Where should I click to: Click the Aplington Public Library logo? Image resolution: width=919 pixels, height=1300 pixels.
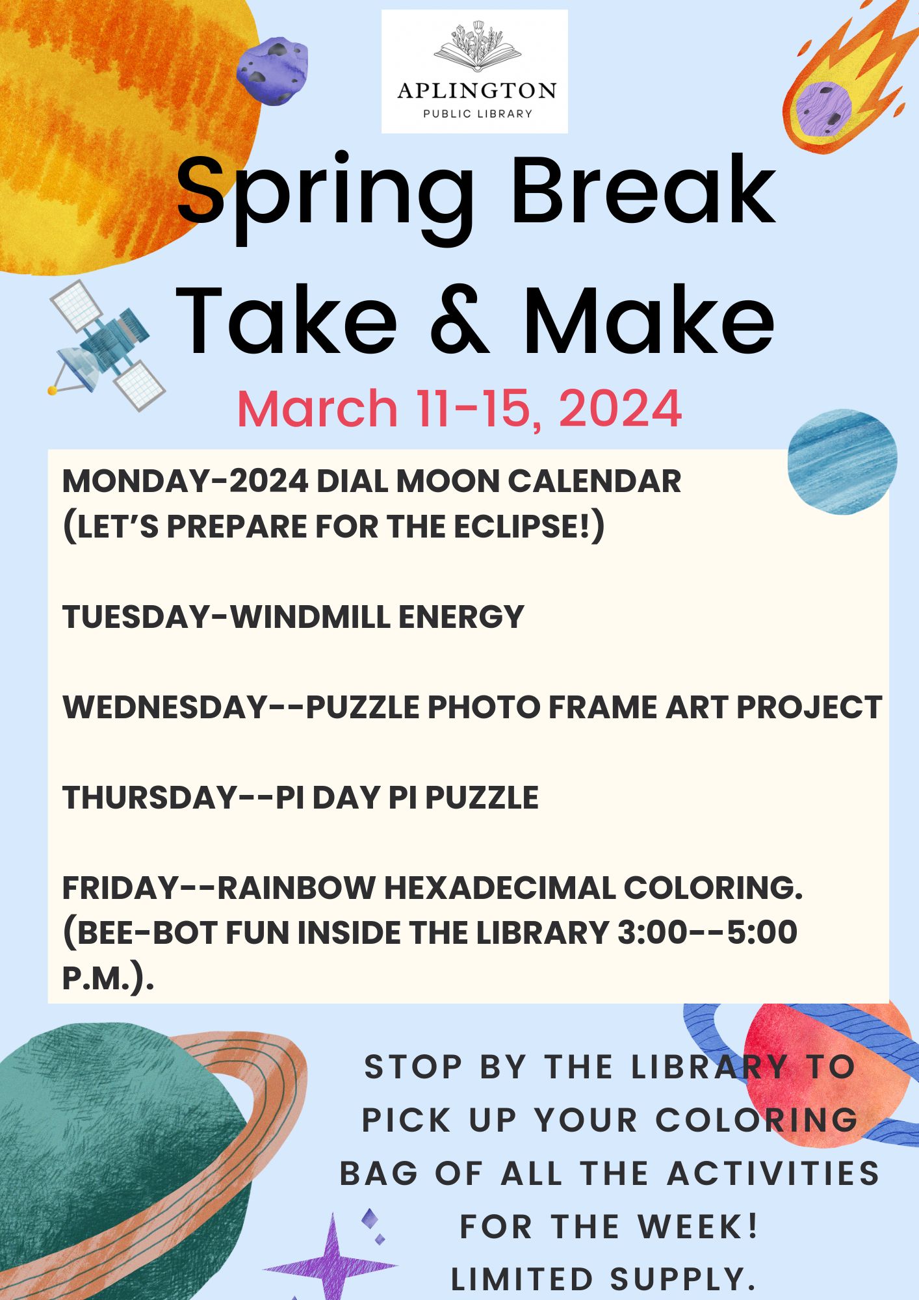coord(474,71)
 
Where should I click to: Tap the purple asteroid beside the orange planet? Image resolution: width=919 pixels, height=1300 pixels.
coord(272,70)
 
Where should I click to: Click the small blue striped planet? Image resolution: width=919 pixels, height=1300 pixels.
coord(842,461)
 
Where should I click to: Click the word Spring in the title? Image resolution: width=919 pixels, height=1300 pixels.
coord(325,195)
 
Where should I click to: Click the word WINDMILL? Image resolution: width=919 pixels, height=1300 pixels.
coord(311,617)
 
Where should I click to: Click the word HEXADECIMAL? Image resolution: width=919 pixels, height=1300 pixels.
coord(499,888)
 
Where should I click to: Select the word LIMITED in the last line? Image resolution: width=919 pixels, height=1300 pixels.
coord(522,1279)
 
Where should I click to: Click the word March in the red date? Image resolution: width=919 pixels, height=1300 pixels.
coord(317,408)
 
